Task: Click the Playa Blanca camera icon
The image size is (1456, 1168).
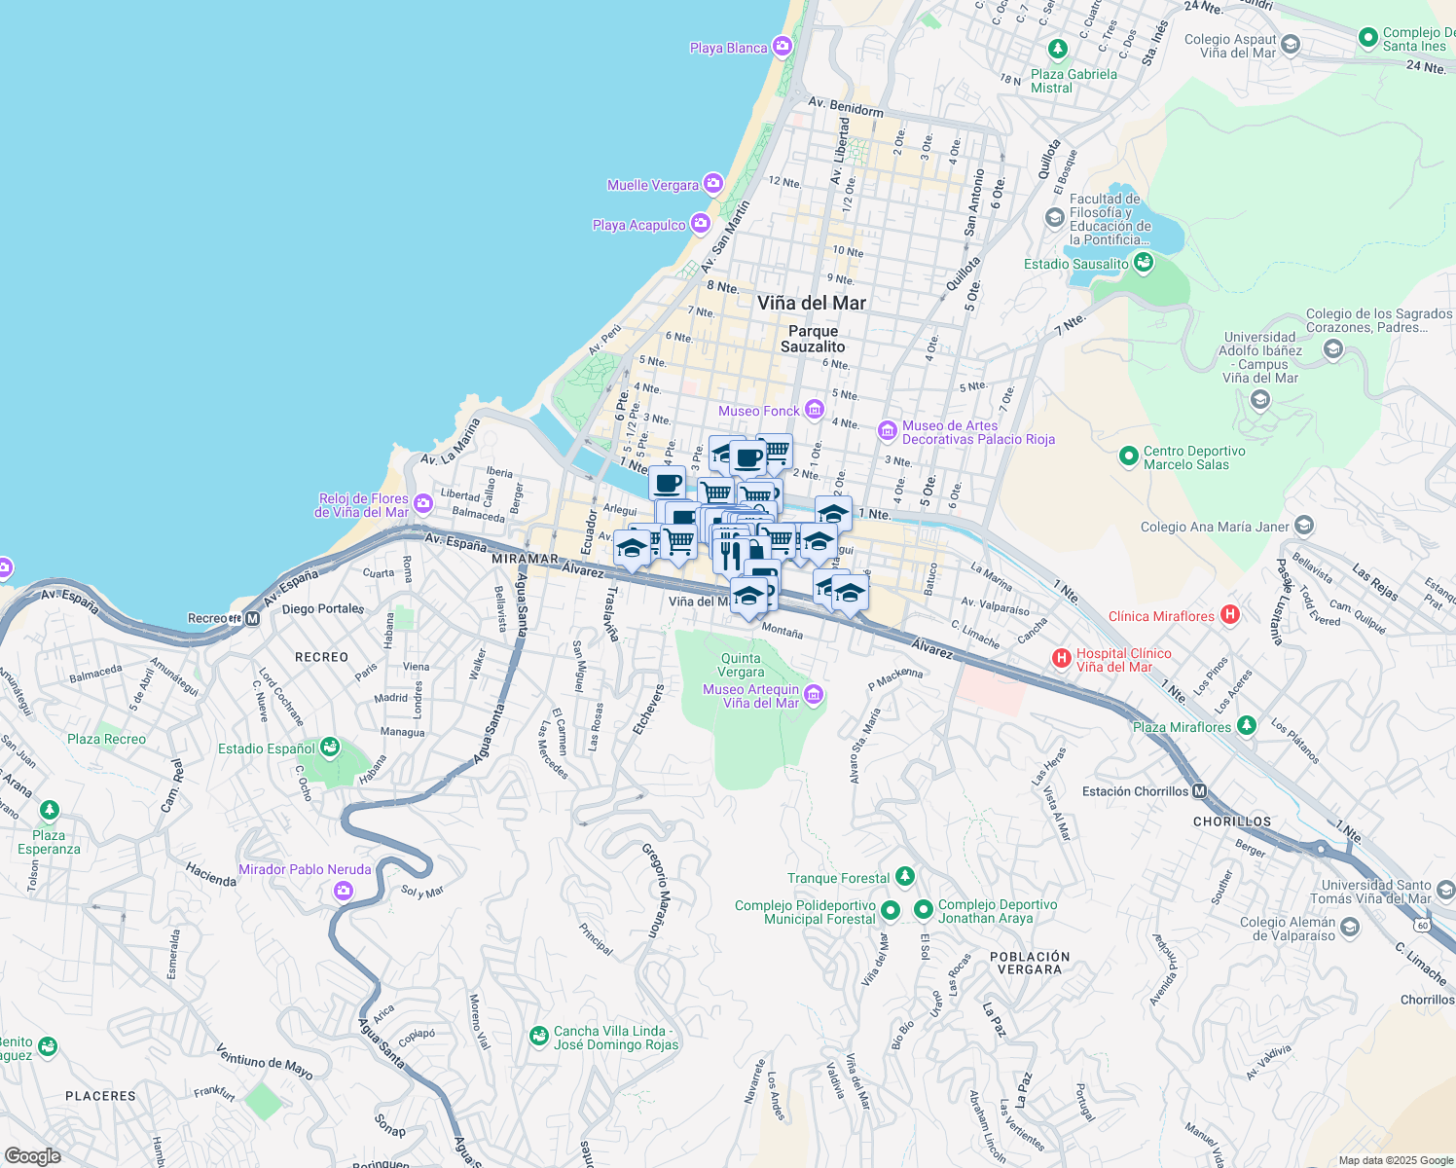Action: [782, 47]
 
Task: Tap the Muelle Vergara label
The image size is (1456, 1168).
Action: [653, 185]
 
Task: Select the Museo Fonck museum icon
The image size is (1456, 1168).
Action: [814, 411]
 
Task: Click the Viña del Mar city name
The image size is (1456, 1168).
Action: [812, 303]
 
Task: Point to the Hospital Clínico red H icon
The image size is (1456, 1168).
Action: [1062, 659]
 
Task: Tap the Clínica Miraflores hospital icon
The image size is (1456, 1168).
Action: [1230, 615]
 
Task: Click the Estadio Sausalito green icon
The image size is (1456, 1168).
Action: [1144, 263]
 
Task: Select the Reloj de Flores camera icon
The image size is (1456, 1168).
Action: [422, 504]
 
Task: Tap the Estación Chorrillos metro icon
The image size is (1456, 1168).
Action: [1200, 791]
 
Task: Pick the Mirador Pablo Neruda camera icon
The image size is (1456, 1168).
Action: [343, 890]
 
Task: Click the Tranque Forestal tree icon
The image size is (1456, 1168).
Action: [905, 877]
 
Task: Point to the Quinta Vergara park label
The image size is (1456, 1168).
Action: [741, 666]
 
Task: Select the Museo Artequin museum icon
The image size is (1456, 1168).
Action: [814, 695]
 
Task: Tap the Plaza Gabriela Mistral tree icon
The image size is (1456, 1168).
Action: [1058, 50]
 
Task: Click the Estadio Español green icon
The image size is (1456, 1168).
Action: [330, 748]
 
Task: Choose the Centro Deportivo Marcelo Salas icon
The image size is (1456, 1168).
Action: [1128, 456]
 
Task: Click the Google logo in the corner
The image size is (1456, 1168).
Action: [32, 1155]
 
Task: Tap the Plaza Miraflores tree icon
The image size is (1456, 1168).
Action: [1247, 726]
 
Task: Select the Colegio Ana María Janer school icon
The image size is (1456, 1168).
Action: [1304, 527]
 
